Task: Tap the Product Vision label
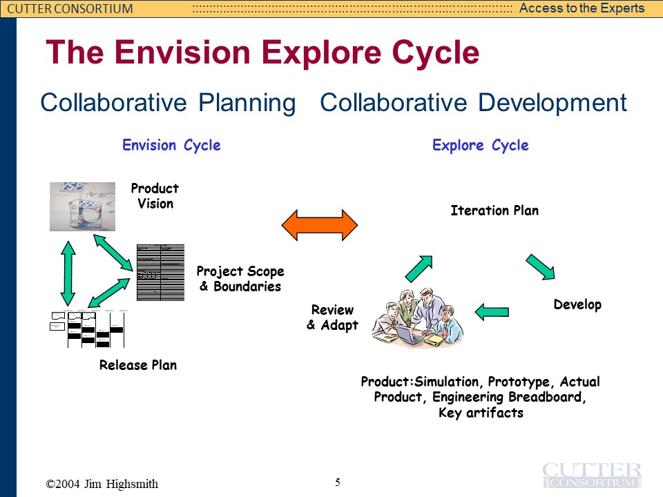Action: [155, 196]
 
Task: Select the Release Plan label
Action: [138, 365]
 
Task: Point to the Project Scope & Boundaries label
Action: [240, 279]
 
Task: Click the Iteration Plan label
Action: [494, 211]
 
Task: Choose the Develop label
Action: [577, 304]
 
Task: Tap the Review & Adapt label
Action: [332, 318]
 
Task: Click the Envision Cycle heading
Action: [171, 146]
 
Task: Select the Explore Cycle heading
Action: [480, 146]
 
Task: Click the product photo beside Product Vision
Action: [82, 206]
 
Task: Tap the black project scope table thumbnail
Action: [161, 272]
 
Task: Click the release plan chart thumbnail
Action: [88, 329]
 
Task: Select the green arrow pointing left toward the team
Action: [492, 312]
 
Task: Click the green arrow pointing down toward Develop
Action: [541, 267]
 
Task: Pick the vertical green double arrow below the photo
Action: [68, 272]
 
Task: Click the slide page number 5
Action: [338, 483]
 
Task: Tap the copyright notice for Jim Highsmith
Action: [102, 484]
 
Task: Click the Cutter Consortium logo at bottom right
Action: [592, 475]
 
